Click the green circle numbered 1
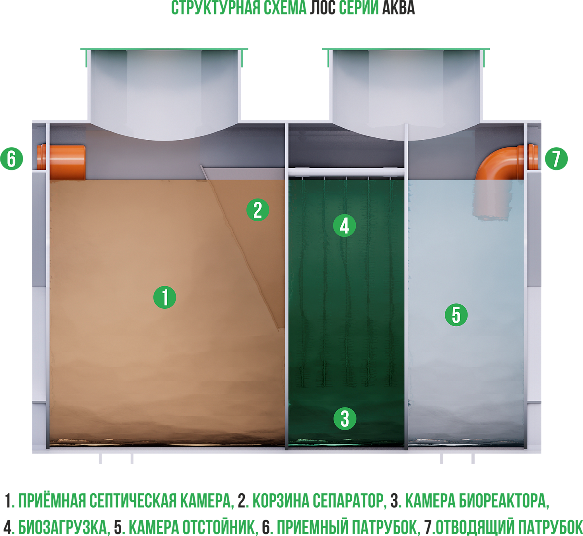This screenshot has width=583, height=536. (x=164, y=297)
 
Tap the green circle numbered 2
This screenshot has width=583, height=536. (x=258, y=210)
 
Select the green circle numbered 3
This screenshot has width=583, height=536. (x=345, y=419)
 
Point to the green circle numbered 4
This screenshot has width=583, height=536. (x=344, y=226)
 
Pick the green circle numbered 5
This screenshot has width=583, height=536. (x=456, y=315)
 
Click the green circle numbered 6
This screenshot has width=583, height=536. (x=12, y=158)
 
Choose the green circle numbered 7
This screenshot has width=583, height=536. (x=556, y=158)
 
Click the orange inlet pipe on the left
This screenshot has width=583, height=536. (x=61, y=162)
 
